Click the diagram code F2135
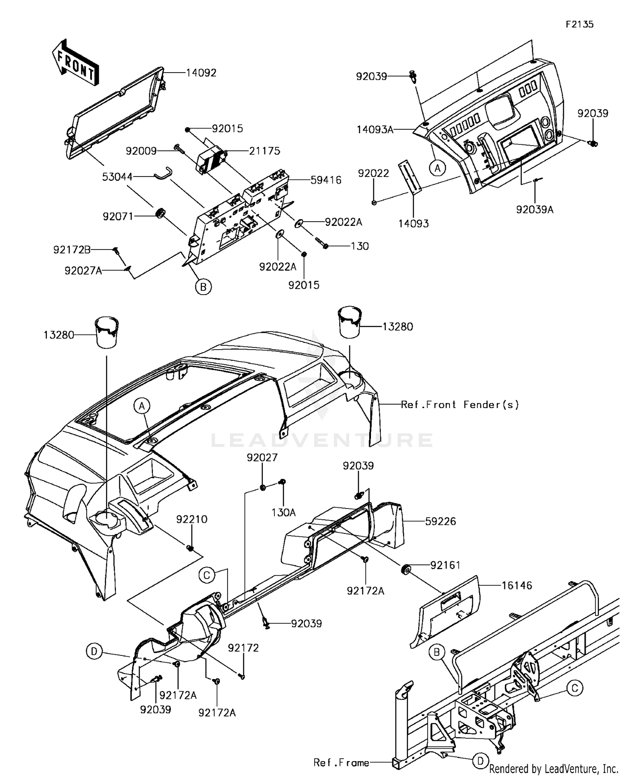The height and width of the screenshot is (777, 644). click(x=580, y=24)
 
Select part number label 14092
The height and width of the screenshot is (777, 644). click(x=201, y=73)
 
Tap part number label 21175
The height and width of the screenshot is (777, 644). click(x=264, y=151)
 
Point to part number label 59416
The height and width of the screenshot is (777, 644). click(x=326, y=180)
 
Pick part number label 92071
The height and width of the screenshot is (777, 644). click(x=118, y=216)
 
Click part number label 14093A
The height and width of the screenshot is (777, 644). click(x=375, y=129)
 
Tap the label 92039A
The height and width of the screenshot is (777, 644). click(x=535, y=210)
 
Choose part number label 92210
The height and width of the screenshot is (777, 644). click(x=191, y=519)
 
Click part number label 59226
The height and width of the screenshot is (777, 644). click(x=440, y=521)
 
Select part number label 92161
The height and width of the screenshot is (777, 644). click(x=445, y=565)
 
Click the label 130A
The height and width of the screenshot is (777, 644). click(x=283, y=512)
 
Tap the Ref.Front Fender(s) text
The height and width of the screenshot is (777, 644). click(x=460, y=405)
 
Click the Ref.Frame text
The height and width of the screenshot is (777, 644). click(x=341, y=762)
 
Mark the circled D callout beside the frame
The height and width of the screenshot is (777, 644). click(x=480, y=762)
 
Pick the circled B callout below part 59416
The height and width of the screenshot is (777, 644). click(x=204, y=286)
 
